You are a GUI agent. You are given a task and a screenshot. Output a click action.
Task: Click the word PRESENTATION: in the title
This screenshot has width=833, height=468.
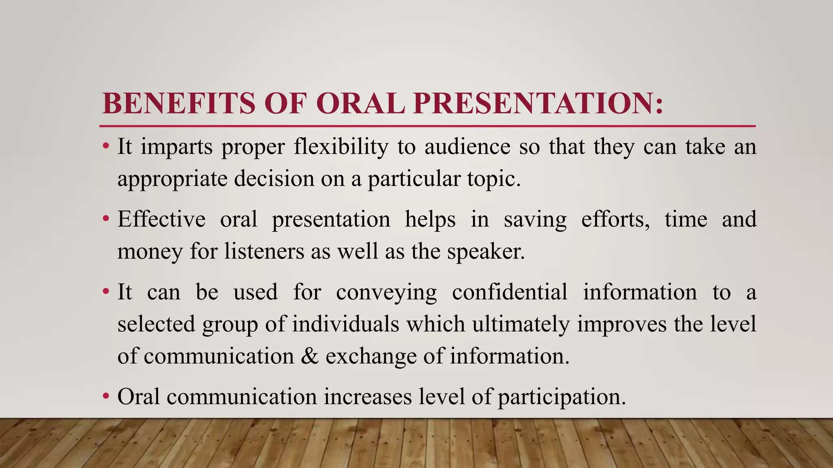tap(538, 103)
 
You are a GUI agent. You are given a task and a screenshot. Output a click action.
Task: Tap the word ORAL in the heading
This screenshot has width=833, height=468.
tap(360, 103)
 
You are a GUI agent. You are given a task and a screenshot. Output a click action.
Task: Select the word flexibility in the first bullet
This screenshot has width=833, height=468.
tap(341, 147)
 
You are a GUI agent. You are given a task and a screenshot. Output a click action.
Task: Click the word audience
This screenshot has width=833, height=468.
tap(467, 147)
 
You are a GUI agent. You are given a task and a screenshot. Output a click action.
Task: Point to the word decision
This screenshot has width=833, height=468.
tap(274, 179)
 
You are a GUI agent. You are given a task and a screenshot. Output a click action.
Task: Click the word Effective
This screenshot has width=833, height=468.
tap(161, 219)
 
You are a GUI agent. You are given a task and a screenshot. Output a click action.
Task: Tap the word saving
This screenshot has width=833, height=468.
tap(535, 219)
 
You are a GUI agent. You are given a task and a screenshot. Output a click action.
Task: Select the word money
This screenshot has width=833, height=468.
tap(150, 251)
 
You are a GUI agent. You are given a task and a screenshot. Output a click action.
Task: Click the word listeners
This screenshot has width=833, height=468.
tap(264, 251)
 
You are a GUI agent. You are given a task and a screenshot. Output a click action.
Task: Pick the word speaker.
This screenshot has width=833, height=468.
tap(486, 251)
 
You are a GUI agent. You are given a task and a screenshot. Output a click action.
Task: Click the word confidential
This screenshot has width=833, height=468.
tap(510, 292)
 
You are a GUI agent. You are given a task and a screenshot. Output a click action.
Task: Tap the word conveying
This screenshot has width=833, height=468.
tap(386, 292)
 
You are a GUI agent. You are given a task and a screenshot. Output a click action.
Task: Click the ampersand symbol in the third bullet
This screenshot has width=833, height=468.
tap(310, 356)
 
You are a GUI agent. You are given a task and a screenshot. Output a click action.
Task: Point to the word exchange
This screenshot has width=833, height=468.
tap(371, 356)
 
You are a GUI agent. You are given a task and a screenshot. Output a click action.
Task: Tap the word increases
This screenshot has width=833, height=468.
tap(368, 397)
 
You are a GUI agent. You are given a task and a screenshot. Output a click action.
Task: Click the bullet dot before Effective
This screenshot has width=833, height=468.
tap(106, 219)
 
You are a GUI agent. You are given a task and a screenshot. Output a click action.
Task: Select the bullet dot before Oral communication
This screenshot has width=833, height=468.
tap(106, 396)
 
